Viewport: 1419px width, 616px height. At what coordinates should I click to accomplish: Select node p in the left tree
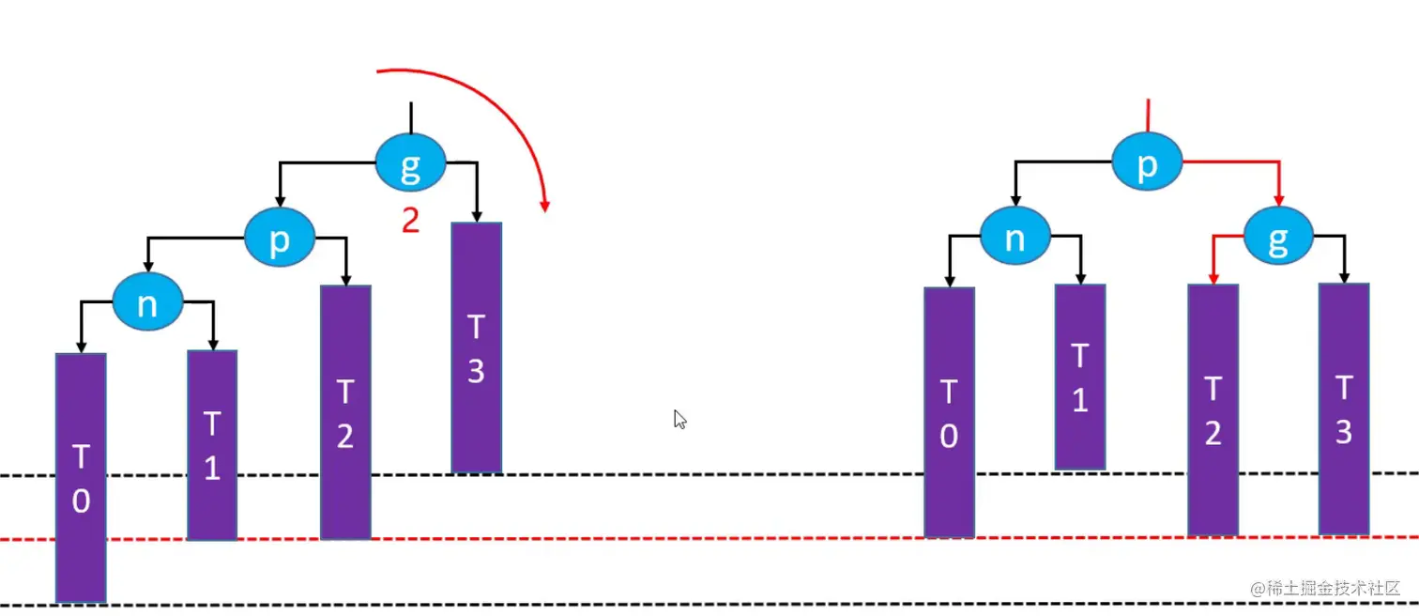279,239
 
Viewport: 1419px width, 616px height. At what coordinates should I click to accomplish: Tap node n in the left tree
146,301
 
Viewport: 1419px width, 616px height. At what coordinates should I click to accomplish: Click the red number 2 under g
410,221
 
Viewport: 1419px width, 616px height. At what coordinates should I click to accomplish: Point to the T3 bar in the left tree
476,347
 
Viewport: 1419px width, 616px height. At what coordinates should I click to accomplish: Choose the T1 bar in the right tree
1080,377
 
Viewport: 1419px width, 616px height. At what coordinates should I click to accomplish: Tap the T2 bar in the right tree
1213,409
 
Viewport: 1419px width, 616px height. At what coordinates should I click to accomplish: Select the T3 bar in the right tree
1343,408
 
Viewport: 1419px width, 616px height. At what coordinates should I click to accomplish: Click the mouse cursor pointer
679,419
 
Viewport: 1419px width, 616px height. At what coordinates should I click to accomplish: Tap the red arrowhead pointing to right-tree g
1278,201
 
